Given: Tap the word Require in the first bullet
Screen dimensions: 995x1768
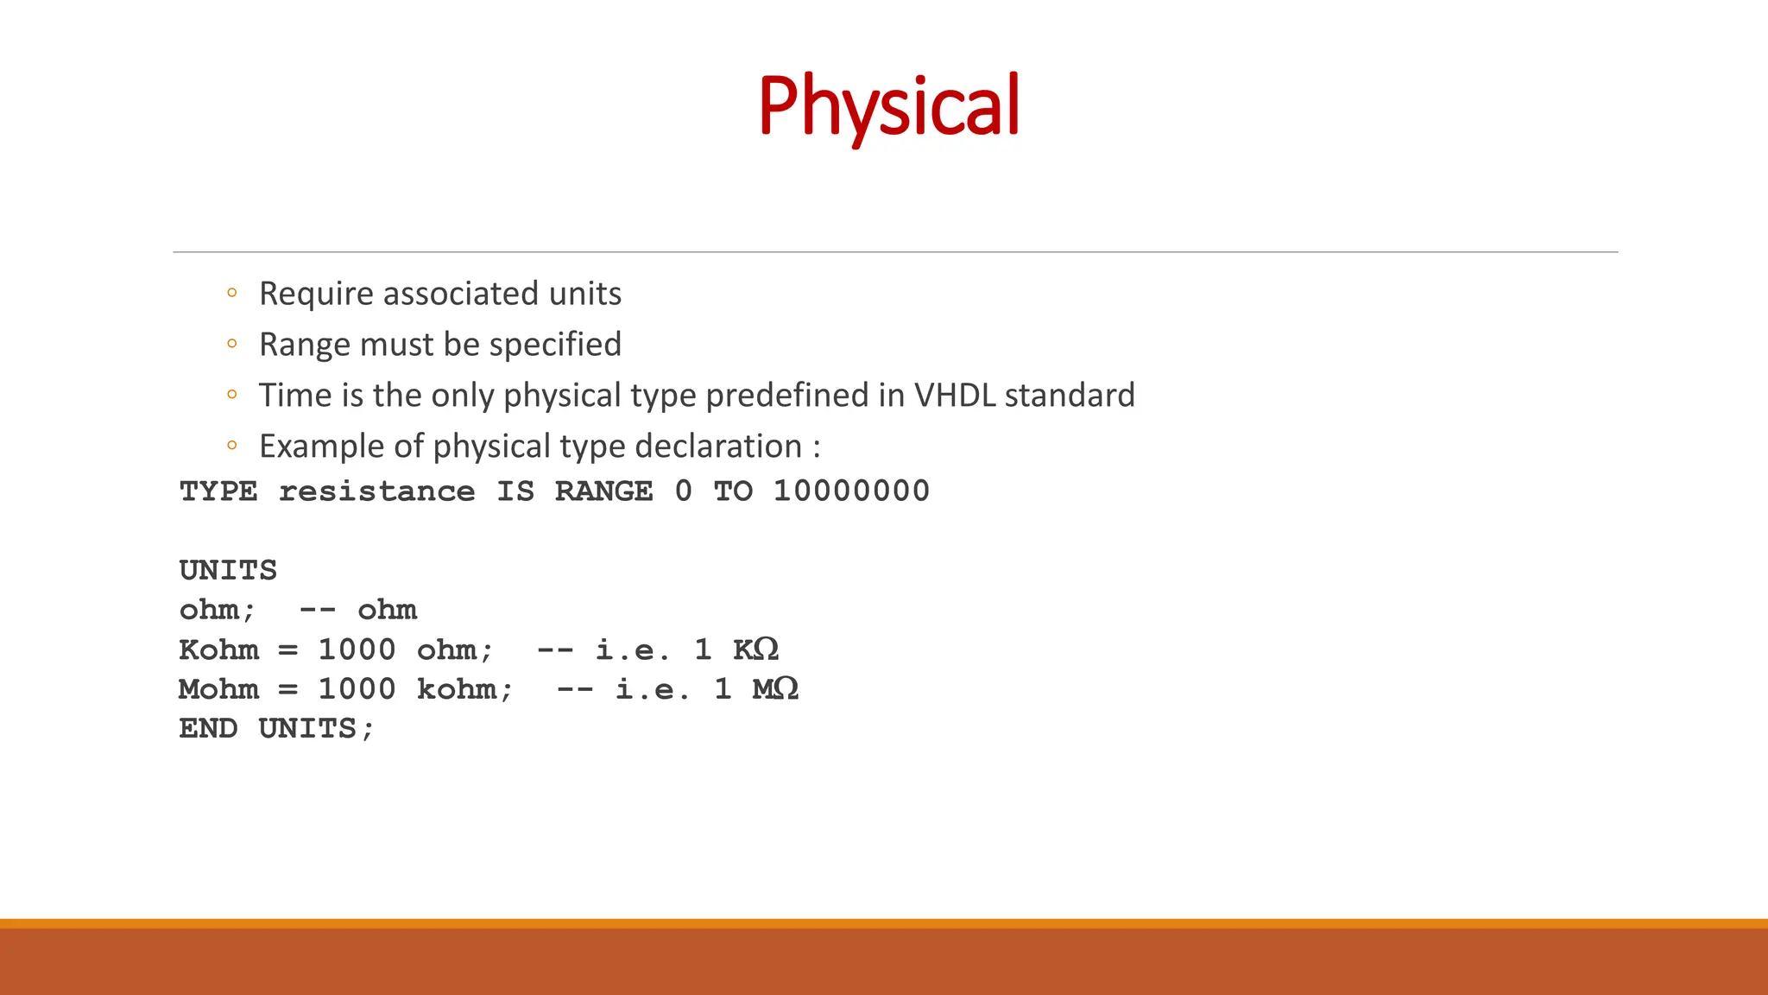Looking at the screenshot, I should [316, 294].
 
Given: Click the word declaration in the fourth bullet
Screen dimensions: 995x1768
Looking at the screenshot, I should [718, 447].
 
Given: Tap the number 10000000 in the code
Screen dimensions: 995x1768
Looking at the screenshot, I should [851, 491].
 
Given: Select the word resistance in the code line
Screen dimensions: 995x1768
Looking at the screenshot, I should [376, 491].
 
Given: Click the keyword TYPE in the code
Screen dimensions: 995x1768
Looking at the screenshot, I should [218, 491].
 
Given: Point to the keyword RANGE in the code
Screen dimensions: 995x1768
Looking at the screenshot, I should [603, 491].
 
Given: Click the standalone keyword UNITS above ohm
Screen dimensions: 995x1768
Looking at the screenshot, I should [228, 570].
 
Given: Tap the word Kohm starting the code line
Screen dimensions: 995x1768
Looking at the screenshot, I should [218, 650].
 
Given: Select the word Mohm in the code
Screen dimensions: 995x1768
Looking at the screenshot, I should [218, 689].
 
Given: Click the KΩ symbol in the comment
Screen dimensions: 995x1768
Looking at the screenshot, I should [755, 650].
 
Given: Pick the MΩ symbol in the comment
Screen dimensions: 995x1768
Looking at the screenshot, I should [775, 689].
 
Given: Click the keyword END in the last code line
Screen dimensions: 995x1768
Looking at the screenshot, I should [208, 729].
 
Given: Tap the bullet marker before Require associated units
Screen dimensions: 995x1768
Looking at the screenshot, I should [231, 294].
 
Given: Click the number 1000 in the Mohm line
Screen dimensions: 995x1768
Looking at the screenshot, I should [357, 689].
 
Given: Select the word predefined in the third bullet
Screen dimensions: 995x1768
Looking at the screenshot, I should [786, 396].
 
